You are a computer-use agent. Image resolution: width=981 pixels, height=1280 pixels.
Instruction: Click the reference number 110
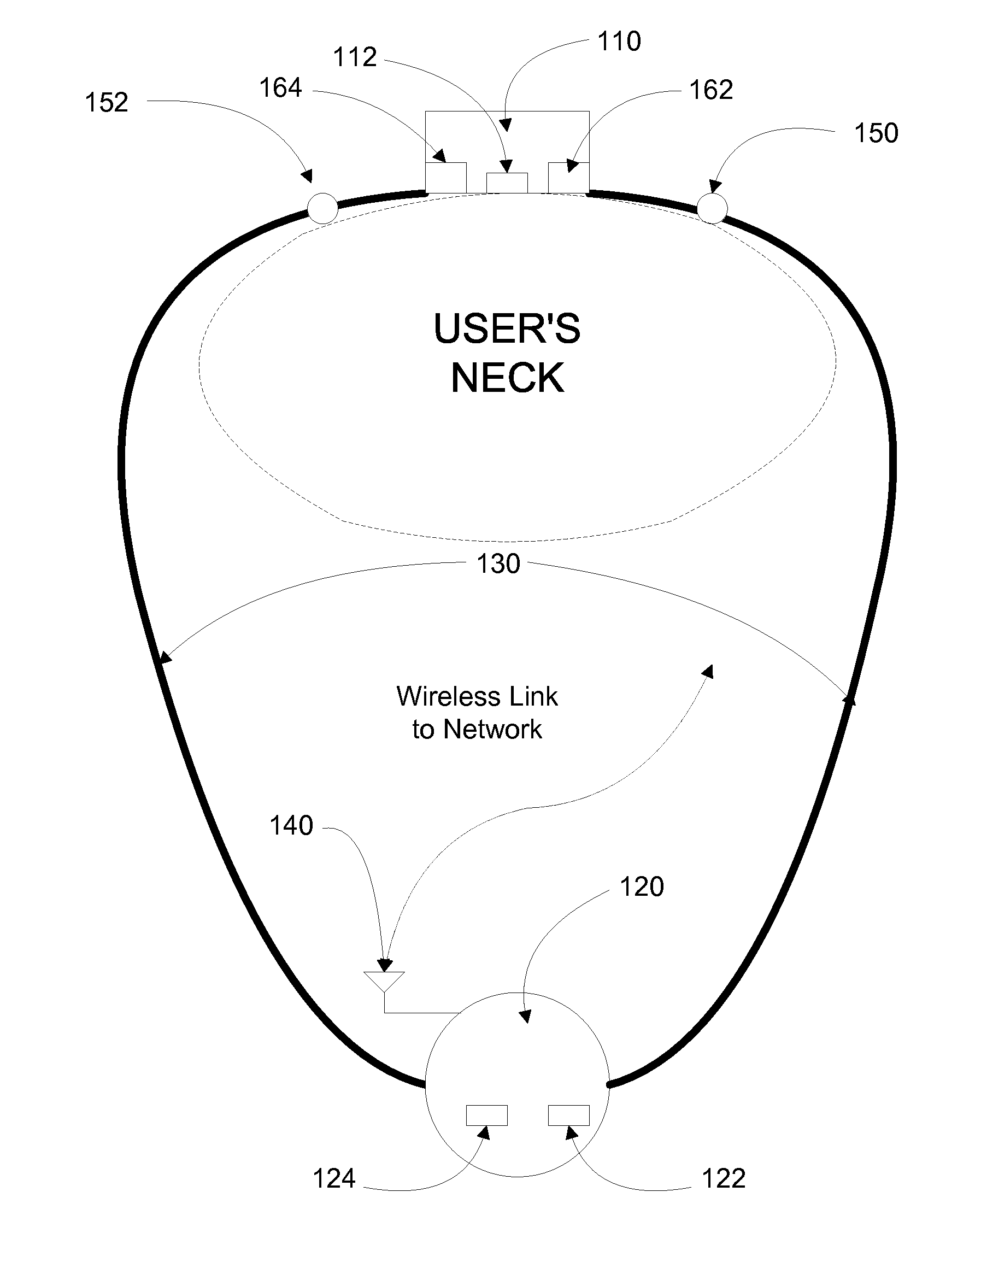[619, 42]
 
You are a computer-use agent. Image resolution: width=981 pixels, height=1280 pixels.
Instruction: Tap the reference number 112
[355, 57]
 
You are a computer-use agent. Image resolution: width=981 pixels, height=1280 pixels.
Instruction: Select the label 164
[280, 88]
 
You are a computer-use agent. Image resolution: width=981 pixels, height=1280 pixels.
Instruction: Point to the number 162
[710, 91]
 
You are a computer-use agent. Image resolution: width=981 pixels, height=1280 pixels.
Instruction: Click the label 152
[106, 103]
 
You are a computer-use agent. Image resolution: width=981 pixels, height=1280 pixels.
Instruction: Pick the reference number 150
[876, 133]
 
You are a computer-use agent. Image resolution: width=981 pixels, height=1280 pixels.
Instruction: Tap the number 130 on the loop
[498, 564]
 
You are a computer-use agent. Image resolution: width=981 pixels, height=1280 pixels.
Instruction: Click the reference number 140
[291, 826]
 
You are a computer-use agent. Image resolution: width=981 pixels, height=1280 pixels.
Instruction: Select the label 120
[642, 887]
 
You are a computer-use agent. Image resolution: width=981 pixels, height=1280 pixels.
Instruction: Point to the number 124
[334, 1179]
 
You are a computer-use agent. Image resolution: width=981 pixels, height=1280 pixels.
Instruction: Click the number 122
[724, 1179]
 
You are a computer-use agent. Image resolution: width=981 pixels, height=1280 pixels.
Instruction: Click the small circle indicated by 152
[322, 208]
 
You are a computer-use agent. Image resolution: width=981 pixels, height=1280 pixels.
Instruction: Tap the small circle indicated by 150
[712, 208]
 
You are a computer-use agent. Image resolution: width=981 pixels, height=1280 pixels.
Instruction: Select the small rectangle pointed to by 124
[487, 1115]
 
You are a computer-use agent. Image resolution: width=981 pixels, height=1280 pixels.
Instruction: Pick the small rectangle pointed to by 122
[569, 1115]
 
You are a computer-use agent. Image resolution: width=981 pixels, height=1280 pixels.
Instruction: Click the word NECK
[507, 378]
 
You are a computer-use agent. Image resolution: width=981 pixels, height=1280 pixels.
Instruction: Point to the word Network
[493, 730]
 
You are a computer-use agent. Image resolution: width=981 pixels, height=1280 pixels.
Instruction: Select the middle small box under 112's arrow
[507, 183]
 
